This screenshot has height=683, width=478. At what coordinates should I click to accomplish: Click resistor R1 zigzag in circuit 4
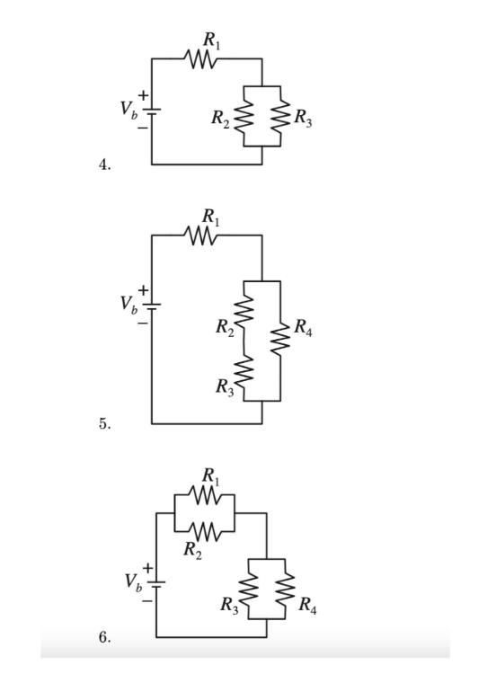tap(205, 60)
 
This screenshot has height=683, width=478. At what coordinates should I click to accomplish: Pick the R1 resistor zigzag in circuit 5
tap(205, 235)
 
